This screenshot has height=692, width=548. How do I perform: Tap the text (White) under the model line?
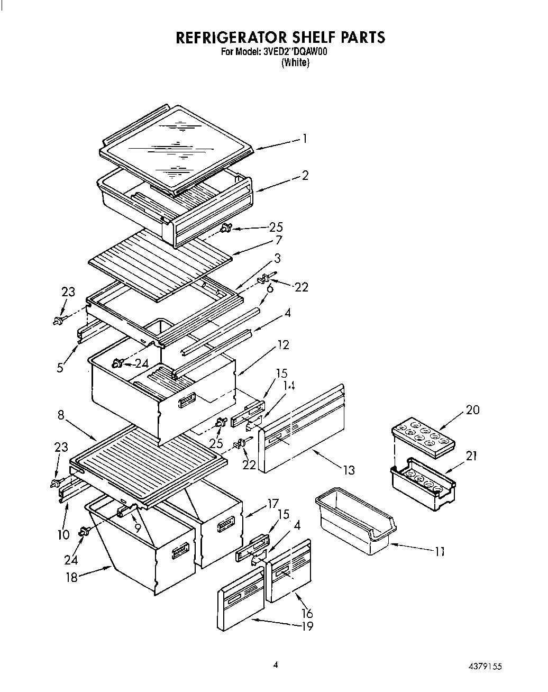pos(295,62)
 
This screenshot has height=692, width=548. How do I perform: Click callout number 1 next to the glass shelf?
pos(304,139)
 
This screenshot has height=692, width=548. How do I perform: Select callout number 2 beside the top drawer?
pos(305,176)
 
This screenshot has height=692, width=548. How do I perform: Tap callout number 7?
pos(278,241)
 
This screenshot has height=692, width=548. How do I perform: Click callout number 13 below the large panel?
pos(348,470)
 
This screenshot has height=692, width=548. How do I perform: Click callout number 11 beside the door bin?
pos(439,551)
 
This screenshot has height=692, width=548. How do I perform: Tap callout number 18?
pos(71,577)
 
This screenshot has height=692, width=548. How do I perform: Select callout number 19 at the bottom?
pos(307,626)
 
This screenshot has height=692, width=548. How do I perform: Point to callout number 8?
pos(61,415)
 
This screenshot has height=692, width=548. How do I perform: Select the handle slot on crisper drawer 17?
pos(225,524)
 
